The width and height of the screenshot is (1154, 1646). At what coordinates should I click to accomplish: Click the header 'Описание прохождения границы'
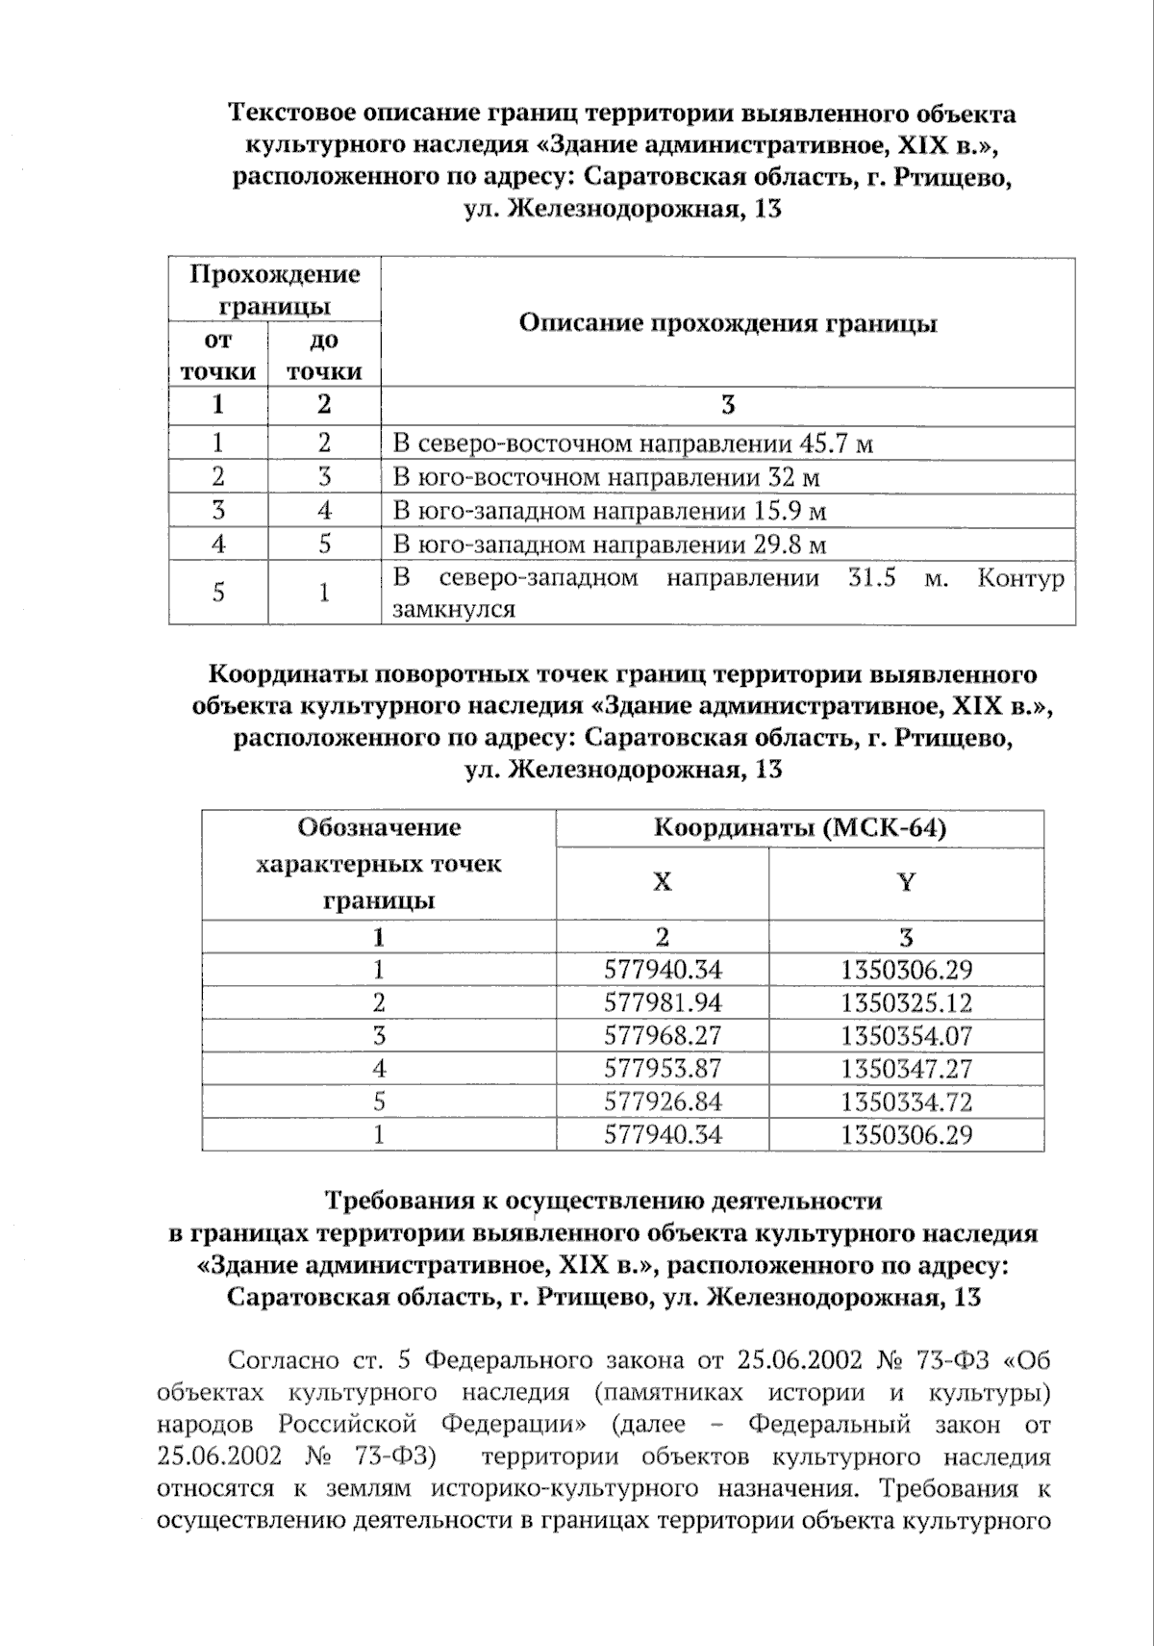point(728,323)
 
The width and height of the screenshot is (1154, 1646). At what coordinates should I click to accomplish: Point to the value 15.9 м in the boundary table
point(790,511)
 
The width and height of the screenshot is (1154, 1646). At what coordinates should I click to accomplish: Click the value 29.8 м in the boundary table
point(790,544)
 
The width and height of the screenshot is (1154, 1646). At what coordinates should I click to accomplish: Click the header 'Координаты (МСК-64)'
point(800,828)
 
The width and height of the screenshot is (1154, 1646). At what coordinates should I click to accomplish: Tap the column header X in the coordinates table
point(663,882)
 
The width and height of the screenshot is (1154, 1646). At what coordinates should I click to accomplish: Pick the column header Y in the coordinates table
point(906,882)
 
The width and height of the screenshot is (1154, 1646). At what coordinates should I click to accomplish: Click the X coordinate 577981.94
point(663,1003)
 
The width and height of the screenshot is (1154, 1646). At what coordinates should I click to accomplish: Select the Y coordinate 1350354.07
point(906,1036)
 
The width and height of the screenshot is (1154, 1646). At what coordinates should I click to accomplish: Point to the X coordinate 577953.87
point(663,1069)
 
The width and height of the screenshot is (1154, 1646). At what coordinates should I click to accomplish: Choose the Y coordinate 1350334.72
point(906,1102)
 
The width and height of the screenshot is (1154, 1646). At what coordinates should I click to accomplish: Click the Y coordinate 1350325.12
point(906,1003)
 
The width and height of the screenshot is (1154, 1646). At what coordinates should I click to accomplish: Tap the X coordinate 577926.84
point(663,1102)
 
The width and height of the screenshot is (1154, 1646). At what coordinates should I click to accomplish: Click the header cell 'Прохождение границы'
point(274,290)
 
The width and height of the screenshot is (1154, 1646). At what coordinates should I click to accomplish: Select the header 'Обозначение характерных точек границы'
point(379,864)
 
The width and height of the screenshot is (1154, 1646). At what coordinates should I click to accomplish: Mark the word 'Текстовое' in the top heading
point(289,114)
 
